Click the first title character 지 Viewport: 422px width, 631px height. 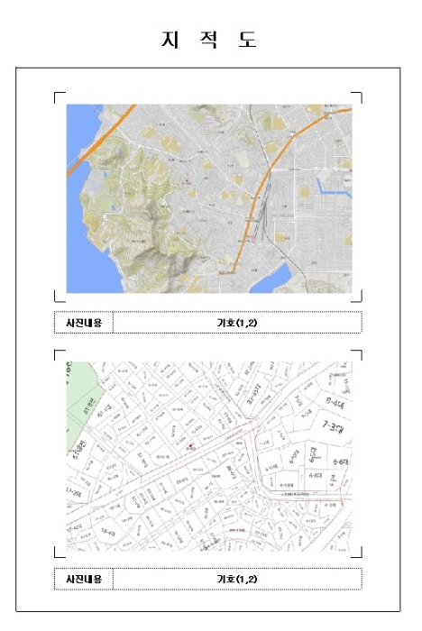click(x=169, y=40)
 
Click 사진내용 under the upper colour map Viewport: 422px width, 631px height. click(x=83, y=322)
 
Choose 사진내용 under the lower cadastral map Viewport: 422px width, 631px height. click(x=83, y=578)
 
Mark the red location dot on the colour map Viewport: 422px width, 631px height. click(x=187, y=181)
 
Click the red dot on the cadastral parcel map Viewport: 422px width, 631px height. click(x=191, y=445)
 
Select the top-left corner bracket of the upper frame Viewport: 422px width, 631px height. click(x=59, y=96)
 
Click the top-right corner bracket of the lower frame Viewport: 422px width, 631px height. click(x=357, y=354)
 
